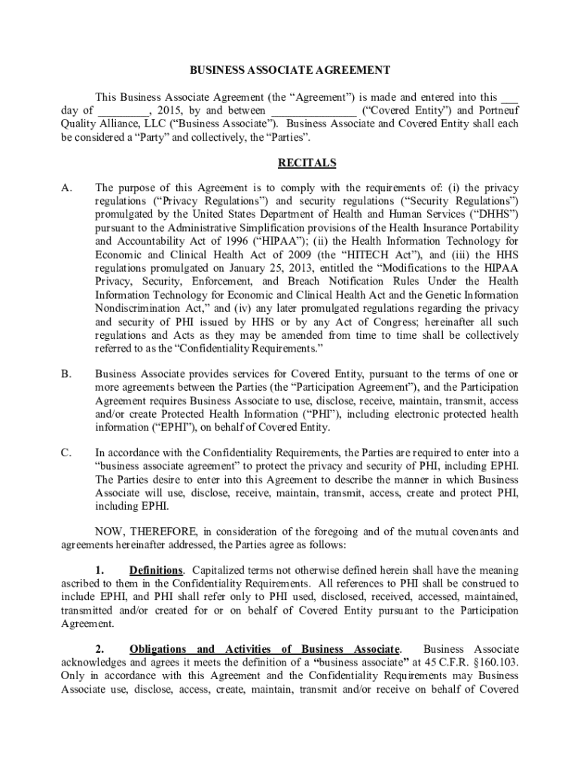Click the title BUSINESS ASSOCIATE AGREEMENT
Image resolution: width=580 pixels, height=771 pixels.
289,70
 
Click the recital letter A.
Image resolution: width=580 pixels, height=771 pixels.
66,186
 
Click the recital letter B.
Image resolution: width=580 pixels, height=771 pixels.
66,373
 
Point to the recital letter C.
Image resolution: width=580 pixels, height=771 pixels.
66,453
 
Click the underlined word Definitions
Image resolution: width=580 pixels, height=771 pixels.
156,570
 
